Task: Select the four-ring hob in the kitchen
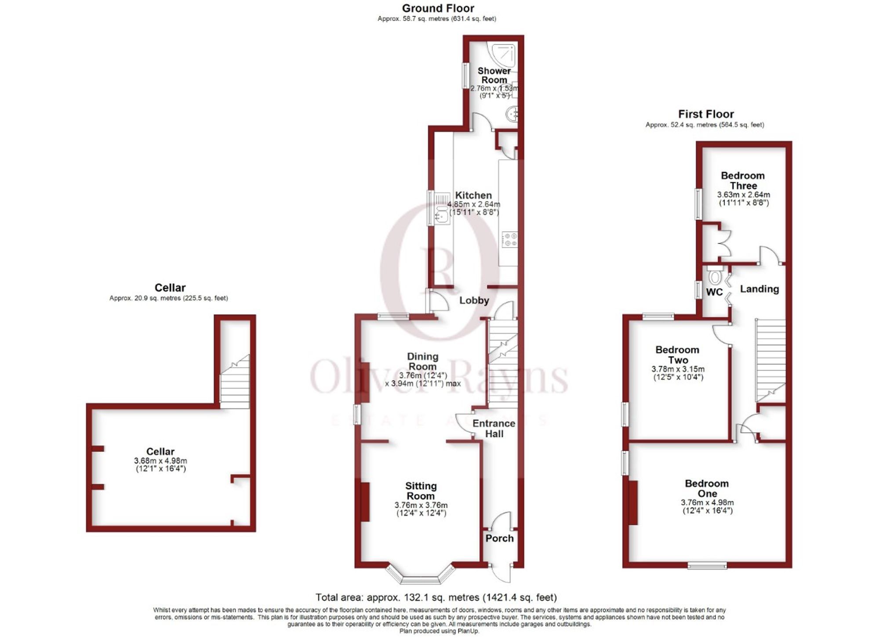tap(510, 240)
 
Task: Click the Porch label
tap(499, 538)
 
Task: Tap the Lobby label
tap(474, 300)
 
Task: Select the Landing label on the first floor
tap(759, 289)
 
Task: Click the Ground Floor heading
tap(438, 8)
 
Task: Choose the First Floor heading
tap(705, 114)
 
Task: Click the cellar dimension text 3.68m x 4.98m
tap(160, 461)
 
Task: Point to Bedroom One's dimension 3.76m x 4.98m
tap(707, 503)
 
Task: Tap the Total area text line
tap(436, 598)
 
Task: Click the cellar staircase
tap(235, 382)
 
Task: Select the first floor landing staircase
tap(770, 360)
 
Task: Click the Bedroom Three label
tap(743, 180)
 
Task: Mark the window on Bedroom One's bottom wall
tap(707, 566)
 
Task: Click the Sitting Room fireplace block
tap(364, 502)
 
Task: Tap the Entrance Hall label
tap(494, 429)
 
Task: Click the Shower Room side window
tap(465, 76)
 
